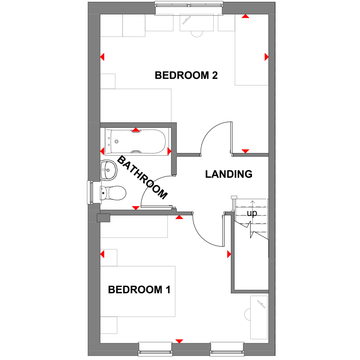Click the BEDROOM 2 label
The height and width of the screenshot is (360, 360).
[186, 75]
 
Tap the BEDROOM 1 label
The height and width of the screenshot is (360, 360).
[139, 289]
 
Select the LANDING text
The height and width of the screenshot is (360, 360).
[229, 174]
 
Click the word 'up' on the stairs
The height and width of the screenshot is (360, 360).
[252, 213]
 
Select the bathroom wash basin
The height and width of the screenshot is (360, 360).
[107, 170]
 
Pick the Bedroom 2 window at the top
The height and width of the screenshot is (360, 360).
[189, 6]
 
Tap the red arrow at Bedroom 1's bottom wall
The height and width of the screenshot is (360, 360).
[180, 341]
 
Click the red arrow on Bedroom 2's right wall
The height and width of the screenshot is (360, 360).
[266, 57]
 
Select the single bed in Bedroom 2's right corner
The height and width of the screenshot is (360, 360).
[252, 49]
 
